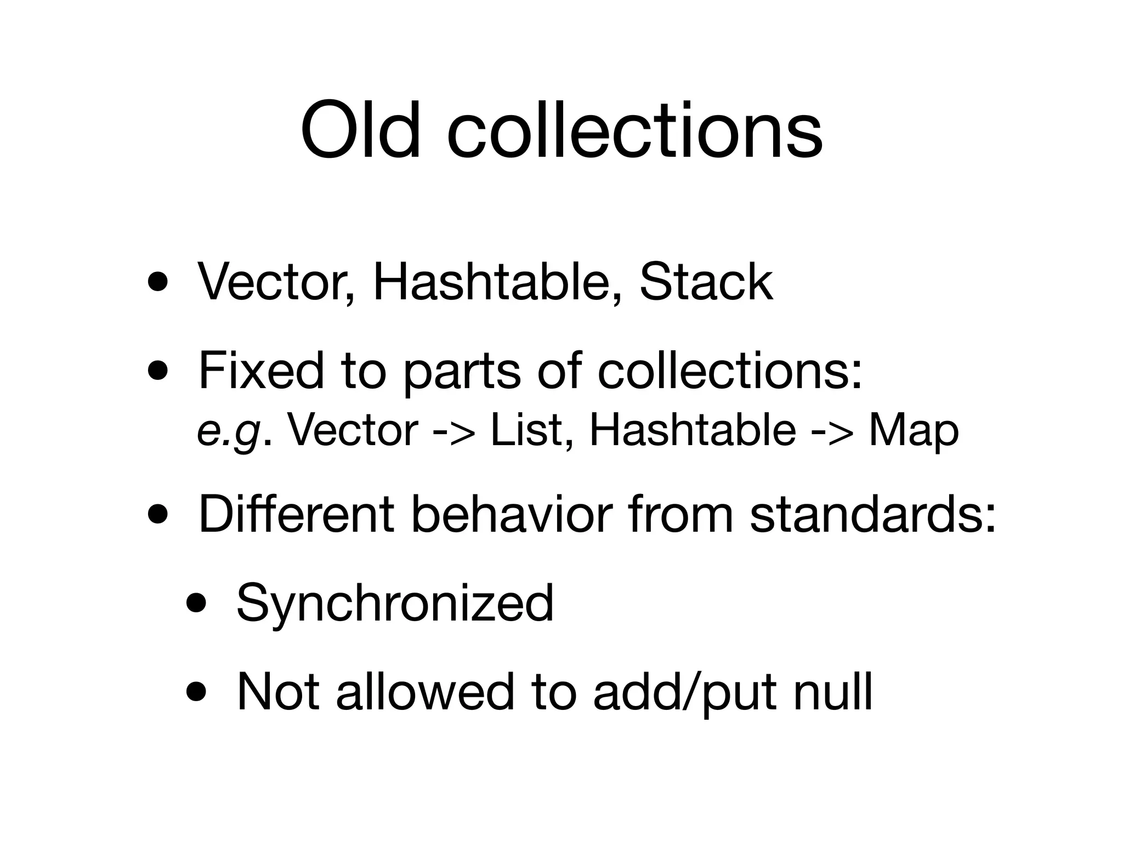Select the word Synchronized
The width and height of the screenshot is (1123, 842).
tap(395, 603)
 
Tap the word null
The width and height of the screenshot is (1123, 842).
tap(833, 691)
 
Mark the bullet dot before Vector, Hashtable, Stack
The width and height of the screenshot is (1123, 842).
tap(157, 284)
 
